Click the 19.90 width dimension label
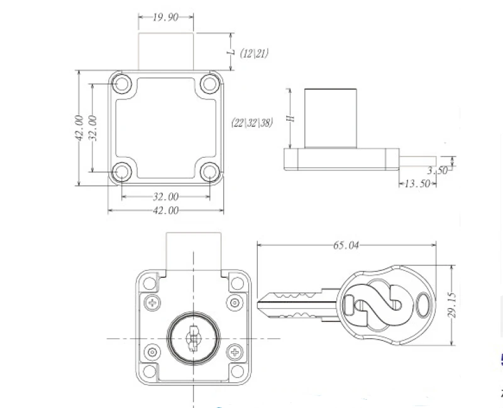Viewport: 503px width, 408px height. point(165,17)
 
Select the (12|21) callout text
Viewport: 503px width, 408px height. point(254,53)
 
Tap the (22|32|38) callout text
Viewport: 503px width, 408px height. point(252,123)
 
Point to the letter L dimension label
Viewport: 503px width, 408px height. point(231,52)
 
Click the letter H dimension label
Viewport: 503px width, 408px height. point(290,118)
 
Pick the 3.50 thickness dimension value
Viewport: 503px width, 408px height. point(437,170)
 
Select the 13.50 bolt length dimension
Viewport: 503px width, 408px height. point(417,184)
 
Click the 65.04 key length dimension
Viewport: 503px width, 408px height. point(346,245)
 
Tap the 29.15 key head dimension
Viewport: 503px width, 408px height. point(451,305)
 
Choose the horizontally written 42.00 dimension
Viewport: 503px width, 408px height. point(165,211)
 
